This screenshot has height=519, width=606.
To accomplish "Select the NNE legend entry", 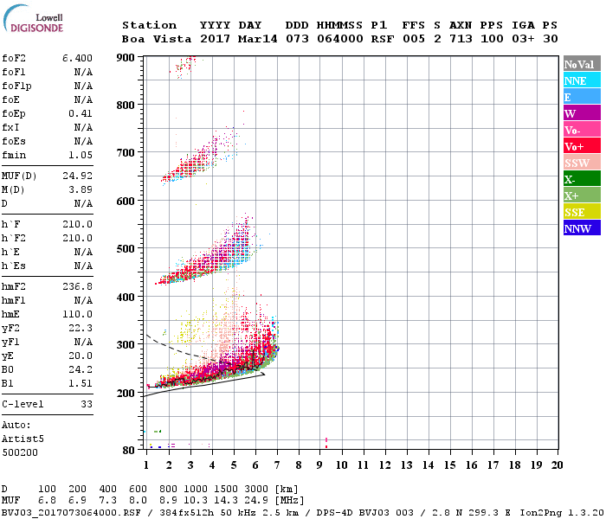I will tap(575, 80).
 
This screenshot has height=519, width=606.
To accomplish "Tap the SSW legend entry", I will tap(577, 163).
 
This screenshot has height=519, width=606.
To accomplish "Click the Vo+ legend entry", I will tap(575, 146).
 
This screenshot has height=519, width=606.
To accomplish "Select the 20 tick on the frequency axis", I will tap(557, 465).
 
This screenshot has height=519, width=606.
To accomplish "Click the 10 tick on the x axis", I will tap(341, 465).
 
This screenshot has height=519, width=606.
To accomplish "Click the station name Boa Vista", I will tap(157, 39).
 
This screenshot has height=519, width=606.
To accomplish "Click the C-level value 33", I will tap(86, 404).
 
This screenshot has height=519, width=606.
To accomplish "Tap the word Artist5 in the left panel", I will tap(21, 439).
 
